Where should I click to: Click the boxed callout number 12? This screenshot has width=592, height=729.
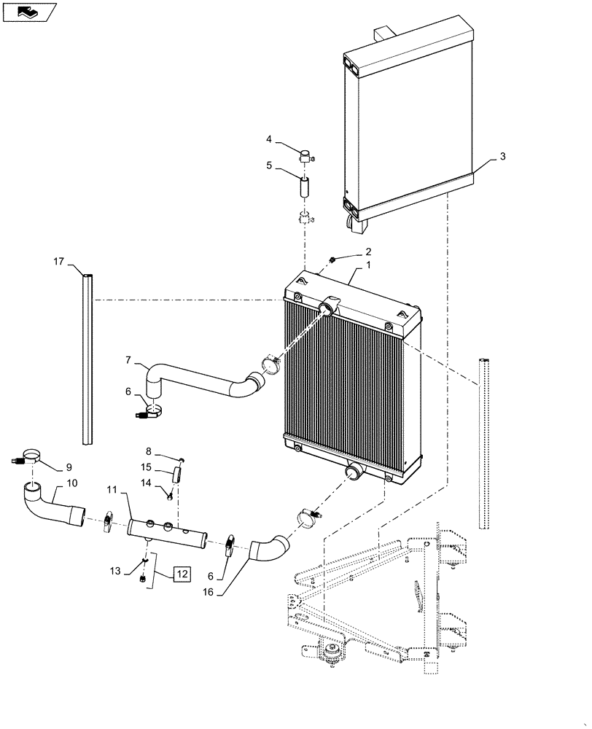pos(182,574)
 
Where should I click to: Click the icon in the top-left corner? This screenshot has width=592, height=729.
pos(29,12)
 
